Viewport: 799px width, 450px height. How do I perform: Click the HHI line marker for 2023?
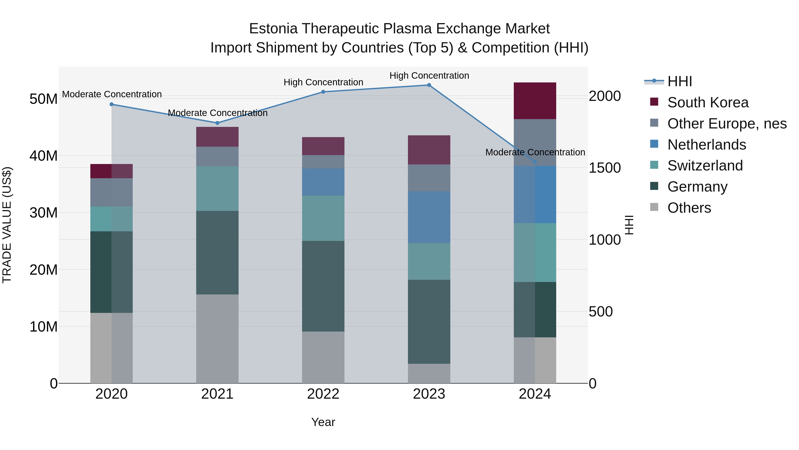click(429, 85)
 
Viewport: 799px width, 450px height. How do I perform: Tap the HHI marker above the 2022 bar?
click(323, 92)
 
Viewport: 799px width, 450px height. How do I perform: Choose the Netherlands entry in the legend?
click(707, 145)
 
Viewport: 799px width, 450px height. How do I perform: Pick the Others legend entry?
click(689, 208)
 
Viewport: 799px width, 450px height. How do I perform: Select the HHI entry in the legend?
click(679, 81)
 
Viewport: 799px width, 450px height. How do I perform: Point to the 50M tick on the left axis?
click(44, 99)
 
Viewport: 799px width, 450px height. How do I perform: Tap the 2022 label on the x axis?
click(323, 394)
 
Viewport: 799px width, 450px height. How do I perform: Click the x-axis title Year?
click(323, 422)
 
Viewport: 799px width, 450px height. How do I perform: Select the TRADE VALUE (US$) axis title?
click(7, 225)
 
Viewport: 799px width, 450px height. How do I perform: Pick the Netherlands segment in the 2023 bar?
click(429, 217)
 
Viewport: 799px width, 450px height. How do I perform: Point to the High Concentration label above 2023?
click(429, 76)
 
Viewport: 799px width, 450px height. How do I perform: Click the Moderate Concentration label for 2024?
click(535, 152)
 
